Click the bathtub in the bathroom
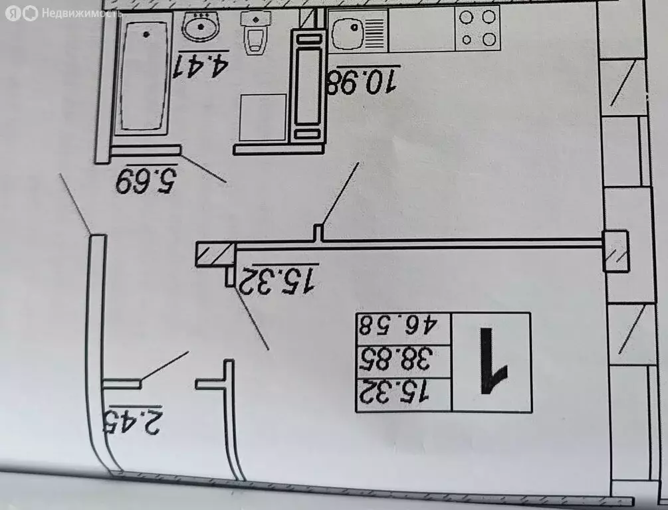(142, 75)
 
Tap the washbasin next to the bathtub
(200, 26)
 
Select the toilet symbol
(255, 33)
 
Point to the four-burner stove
(477, 28)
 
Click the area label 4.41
(201, 64)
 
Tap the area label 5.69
(146, 179)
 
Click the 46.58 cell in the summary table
(398, 325)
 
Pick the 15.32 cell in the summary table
(395, 393)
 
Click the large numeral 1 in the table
(493, 361)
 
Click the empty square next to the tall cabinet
(263, 117)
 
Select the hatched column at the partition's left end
(215, 254)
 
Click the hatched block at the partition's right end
(616, 251)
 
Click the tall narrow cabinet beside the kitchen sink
(308, 87)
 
